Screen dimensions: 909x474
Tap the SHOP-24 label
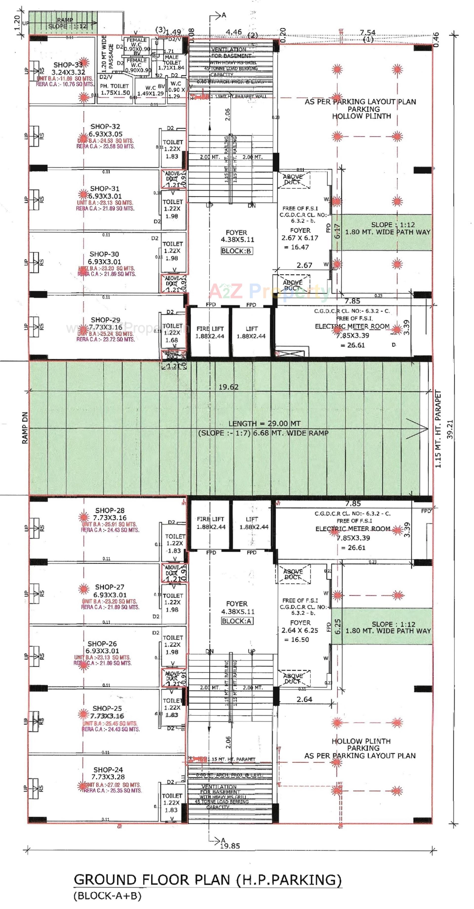point(108,770)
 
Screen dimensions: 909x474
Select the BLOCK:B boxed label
point(237,251)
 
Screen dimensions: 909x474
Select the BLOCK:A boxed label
point(237,621)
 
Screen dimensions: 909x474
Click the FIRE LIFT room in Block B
point(210,332)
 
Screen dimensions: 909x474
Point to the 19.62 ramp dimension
point(228,387)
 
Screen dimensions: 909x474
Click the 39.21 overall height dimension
point(450,429)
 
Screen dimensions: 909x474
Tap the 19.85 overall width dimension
point(230,846)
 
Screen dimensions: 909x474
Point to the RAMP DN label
point(25,428)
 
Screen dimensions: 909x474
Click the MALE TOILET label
point(172,60)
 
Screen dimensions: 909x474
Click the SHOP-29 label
point(105,320)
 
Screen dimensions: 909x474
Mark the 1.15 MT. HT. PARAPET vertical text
point(438,429)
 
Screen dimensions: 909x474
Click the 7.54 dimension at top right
point(367,33)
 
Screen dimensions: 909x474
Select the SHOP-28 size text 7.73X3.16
point(110,518)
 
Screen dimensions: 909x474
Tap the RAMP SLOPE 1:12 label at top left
point(67,23)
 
